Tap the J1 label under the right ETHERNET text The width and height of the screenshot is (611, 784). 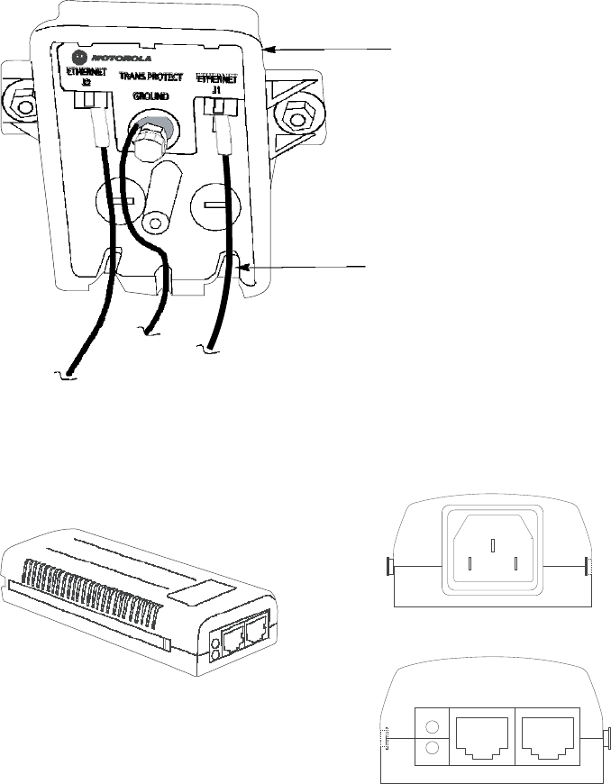point(216,90)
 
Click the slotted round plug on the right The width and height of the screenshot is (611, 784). point(211,205)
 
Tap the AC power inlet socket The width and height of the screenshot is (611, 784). point(492,550)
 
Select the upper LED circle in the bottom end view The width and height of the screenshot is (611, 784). point(432,726)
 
